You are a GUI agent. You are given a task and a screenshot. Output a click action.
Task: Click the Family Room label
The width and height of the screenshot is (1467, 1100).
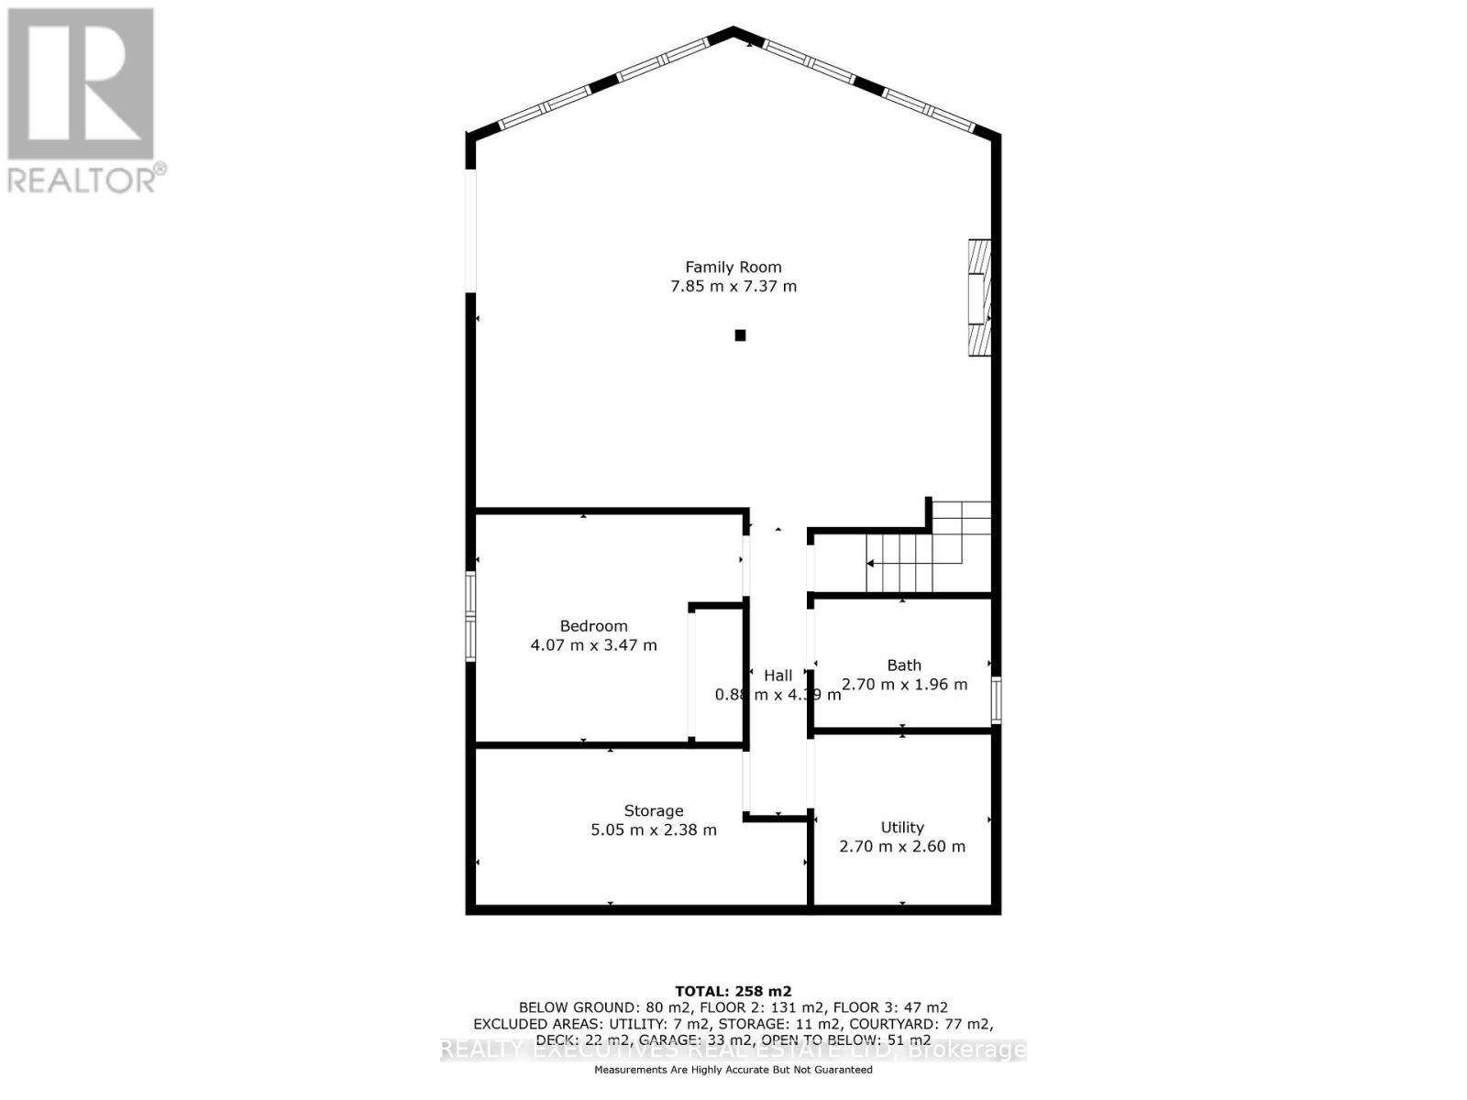[733, 267]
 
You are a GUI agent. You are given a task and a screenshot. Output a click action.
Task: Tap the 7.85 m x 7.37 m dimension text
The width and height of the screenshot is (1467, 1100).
[733, 286]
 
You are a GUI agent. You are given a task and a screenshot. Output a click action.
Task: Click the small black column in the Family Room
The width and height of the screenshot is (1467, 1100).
[740, 335]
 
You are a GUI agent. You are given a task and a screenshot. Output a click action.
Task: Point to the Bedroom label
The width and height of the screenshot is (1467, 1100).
[593, 626]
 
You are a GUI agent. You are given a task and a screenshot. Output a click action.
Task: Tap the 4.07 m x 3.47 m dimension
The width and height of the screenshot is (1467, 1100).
[593, 645]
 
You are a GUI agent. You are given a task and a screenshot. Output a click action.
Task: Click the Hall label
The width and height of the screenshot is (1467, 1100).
[778, 676]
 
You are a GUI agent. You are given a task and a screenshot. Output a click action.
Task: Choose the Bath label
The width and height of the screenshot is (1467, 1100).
[903, 665]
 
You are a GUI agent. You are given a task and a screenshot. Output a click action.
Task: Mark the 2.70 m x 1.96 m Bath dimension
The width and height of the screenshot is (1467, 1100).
[903, 685]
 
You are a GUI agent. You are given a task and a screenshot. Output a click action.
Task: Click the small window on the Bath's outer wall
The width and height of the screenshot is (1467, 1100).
[997, 700]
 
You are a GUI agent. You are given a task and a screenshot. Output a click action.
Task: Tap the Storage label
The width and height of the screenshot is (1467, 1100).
[653, 810]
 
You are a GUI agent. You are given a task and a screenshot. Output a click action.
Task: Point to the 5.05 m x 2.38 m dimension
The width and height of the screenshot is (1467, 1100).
[653, 830]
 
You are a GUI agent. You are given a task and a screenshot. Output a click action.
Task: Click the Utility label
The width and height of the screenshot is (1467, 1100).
[902, 827]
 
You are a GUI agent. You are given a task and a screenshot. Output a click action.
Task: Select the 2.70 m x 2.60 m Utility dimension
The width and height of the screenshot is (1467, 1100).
[902, 847]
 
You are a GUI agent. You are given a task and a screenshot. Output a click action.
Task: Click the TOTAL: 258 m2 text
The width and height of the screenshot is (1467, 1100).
[733, 991]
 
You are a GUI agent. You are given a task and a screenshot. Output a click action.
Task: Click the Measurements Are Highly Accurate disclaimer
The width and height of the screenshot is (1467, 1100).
[733, 1070]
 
